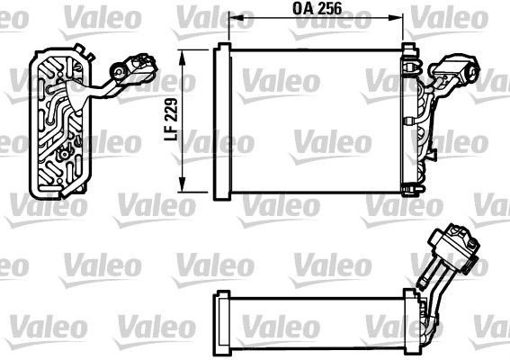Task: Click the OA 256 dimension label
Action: click(x=318, y=8)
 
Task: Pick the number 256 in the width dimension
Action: click(x=329, y=8)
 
